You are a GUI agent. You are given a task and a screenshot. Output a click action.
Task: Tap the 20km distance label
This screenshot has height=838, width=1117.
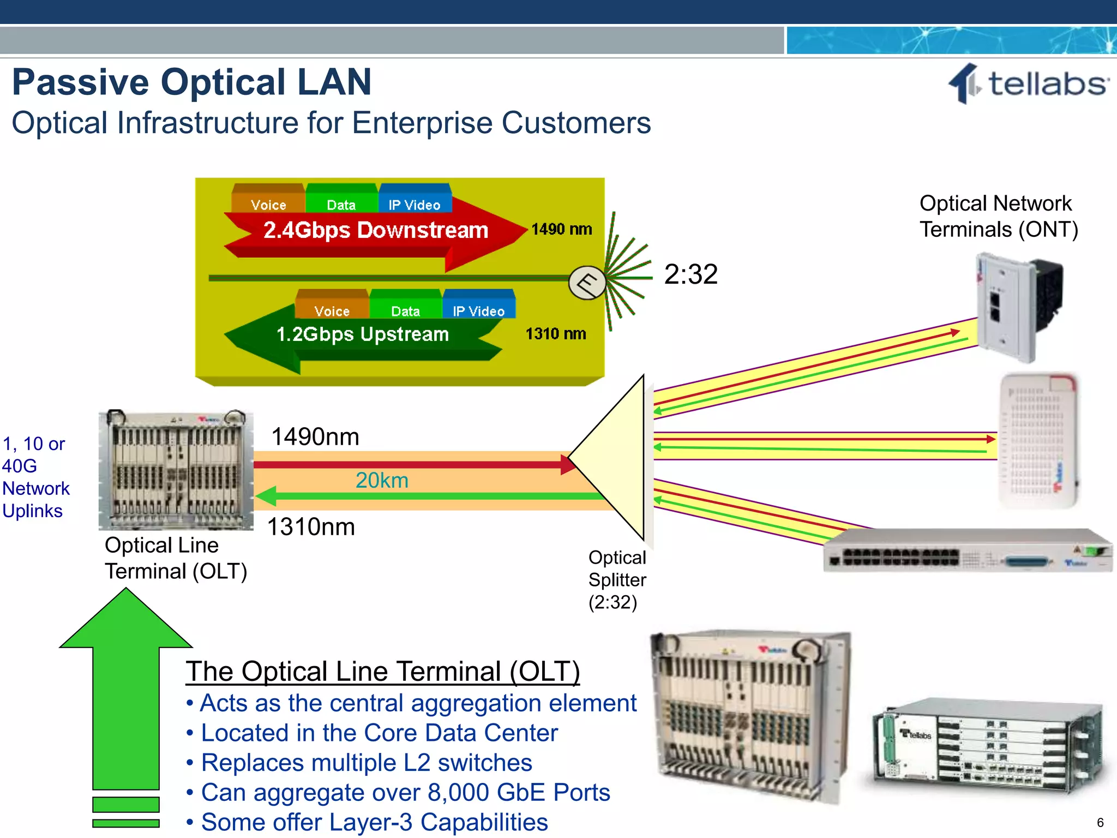pos(382,481)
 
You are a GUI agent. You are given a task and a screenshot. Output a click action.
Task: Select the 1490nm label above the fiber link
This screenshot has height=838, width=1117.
pos(315,437)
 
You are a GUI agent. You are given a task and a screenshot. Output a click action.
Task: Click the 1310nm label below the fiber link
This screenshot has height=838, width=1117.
pos(311,527)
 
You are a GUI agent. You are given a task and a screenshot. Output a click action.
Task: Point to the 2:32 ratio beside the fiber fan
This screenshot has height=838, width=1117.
pos(690,274)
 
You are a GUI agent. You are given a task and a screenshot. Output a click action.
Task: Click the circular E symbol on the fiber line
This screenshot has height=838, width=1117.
pos(587,283)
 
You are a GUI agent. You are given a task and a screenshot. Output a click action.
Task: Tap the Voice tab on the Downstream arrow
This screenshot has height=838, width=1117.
pos(268,205)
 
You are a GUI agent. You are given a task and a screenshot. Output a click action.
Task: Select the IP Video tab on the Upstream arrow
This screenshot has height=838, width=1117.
pos(478,311)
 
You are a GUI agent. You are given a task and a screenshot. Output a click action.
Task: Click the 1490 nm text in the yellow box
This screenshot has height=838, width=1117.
pos(561,229)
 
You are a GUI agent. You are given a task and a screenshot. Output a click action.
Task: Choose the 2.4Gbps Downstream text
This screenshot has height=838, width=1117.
pos(375,230)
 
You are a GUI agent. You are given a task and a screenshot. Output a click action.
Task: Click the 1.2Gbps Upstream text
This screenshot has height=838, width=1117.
pos(362,334)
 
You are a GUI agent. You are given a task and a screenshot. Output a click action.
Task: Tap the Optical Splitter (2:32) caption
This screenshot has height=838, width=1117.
pos(617,580)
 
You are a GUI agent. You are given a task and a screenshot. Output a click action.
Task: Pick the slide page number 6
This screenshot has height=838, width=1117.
pos(1100,823)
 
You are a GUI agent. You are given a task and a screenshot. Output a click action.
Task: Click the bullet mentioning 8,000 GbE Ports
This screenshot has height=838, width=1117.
pos(405,793)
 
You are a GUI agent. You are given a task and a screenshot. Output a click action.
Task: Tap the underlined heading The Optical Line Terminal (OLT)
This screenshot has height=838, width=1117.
pos(382,672)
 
